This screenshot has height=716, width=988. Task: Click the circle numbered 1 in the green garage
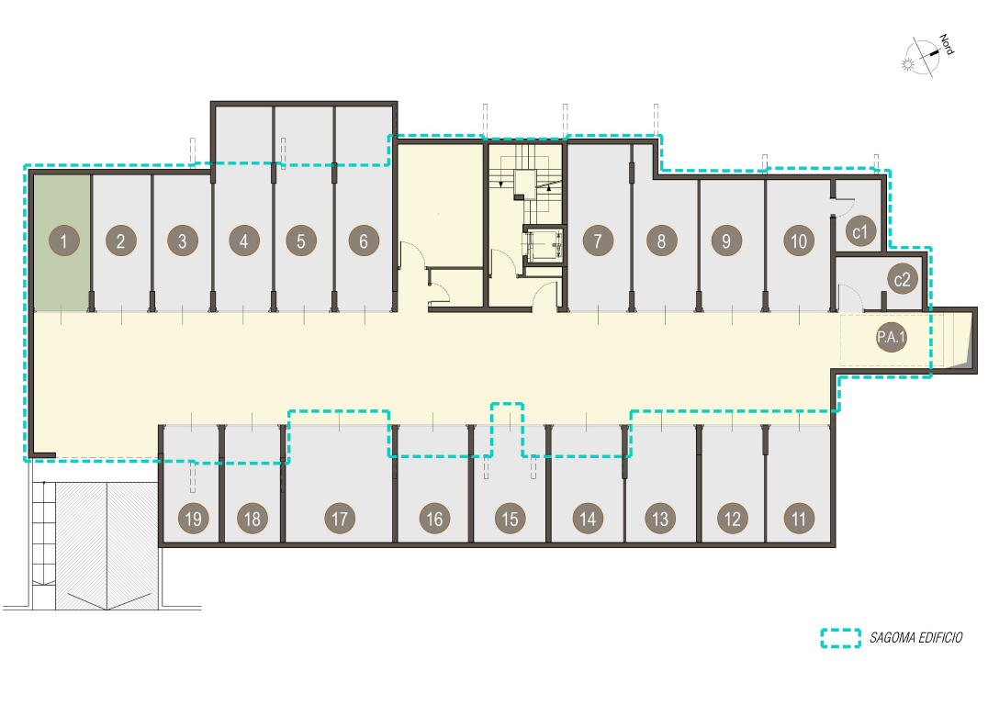click(64, 241)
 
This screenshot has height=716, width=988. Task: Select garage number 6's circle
click(364, 241)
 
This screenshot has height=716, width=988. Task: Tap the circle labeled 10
click(799, 241)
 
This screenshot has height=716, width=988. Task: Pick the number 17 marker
click(340, 519)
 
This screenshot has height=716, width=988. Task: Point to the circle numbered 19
click(194, 519)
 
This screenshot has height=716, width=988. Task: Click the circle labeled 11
click(799, 519)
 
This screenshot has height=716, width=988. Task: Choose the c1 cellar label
click(860, 231)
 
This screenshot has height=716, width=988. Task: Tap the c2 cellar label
click(903, 279)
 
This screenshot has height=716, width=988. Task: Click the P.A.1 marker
click(891, 337)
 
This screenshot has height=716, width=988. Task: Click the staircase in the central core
click(525, 184)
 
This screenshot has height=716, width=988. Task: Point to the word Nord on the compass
click(947, 44)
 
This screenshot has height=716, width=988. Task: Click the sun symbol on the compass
click(908, 64)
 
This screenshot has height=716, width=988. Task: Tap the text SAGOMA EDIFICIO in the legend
click(916, 638)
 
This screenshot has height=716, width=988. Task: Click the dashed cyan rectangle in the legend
click(840, 638)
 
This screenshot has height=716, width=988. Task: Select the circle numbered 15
click(510, 519)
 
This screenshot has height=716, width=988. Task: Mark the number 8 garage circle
click(662, 241)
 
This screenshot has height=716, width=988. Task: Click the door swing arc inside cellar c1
click(845, 206)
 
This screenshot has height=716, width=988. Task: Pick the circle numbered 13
click(659, 519)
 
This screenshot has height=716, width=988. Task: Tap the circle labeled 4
click(244, 241)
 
